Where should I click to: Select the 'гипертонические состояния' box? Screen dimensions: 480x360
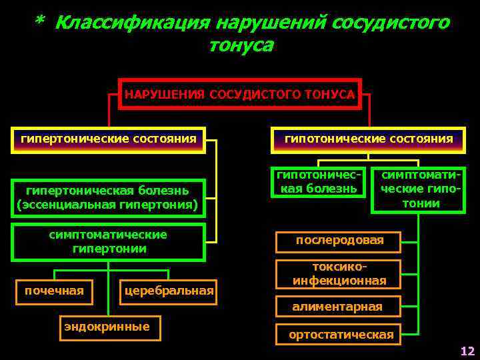[109, 139]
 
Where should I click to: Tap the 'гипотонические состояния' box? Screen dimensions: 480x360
[369, 139]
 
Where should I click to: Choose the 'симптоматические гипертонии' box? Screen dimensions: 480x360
[108, 242]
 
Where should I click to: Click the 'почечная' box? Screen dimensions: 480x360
[54, 291]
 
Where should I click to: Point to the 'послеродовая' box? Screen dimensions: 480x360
[339, 241]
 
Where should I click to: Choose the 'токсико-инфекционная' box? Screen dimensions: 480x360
[339, 273]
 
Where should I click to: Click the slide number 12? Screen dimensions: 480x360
[467, 351]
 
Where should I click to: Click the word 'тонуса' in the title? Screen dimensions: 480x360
[241, 46]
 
